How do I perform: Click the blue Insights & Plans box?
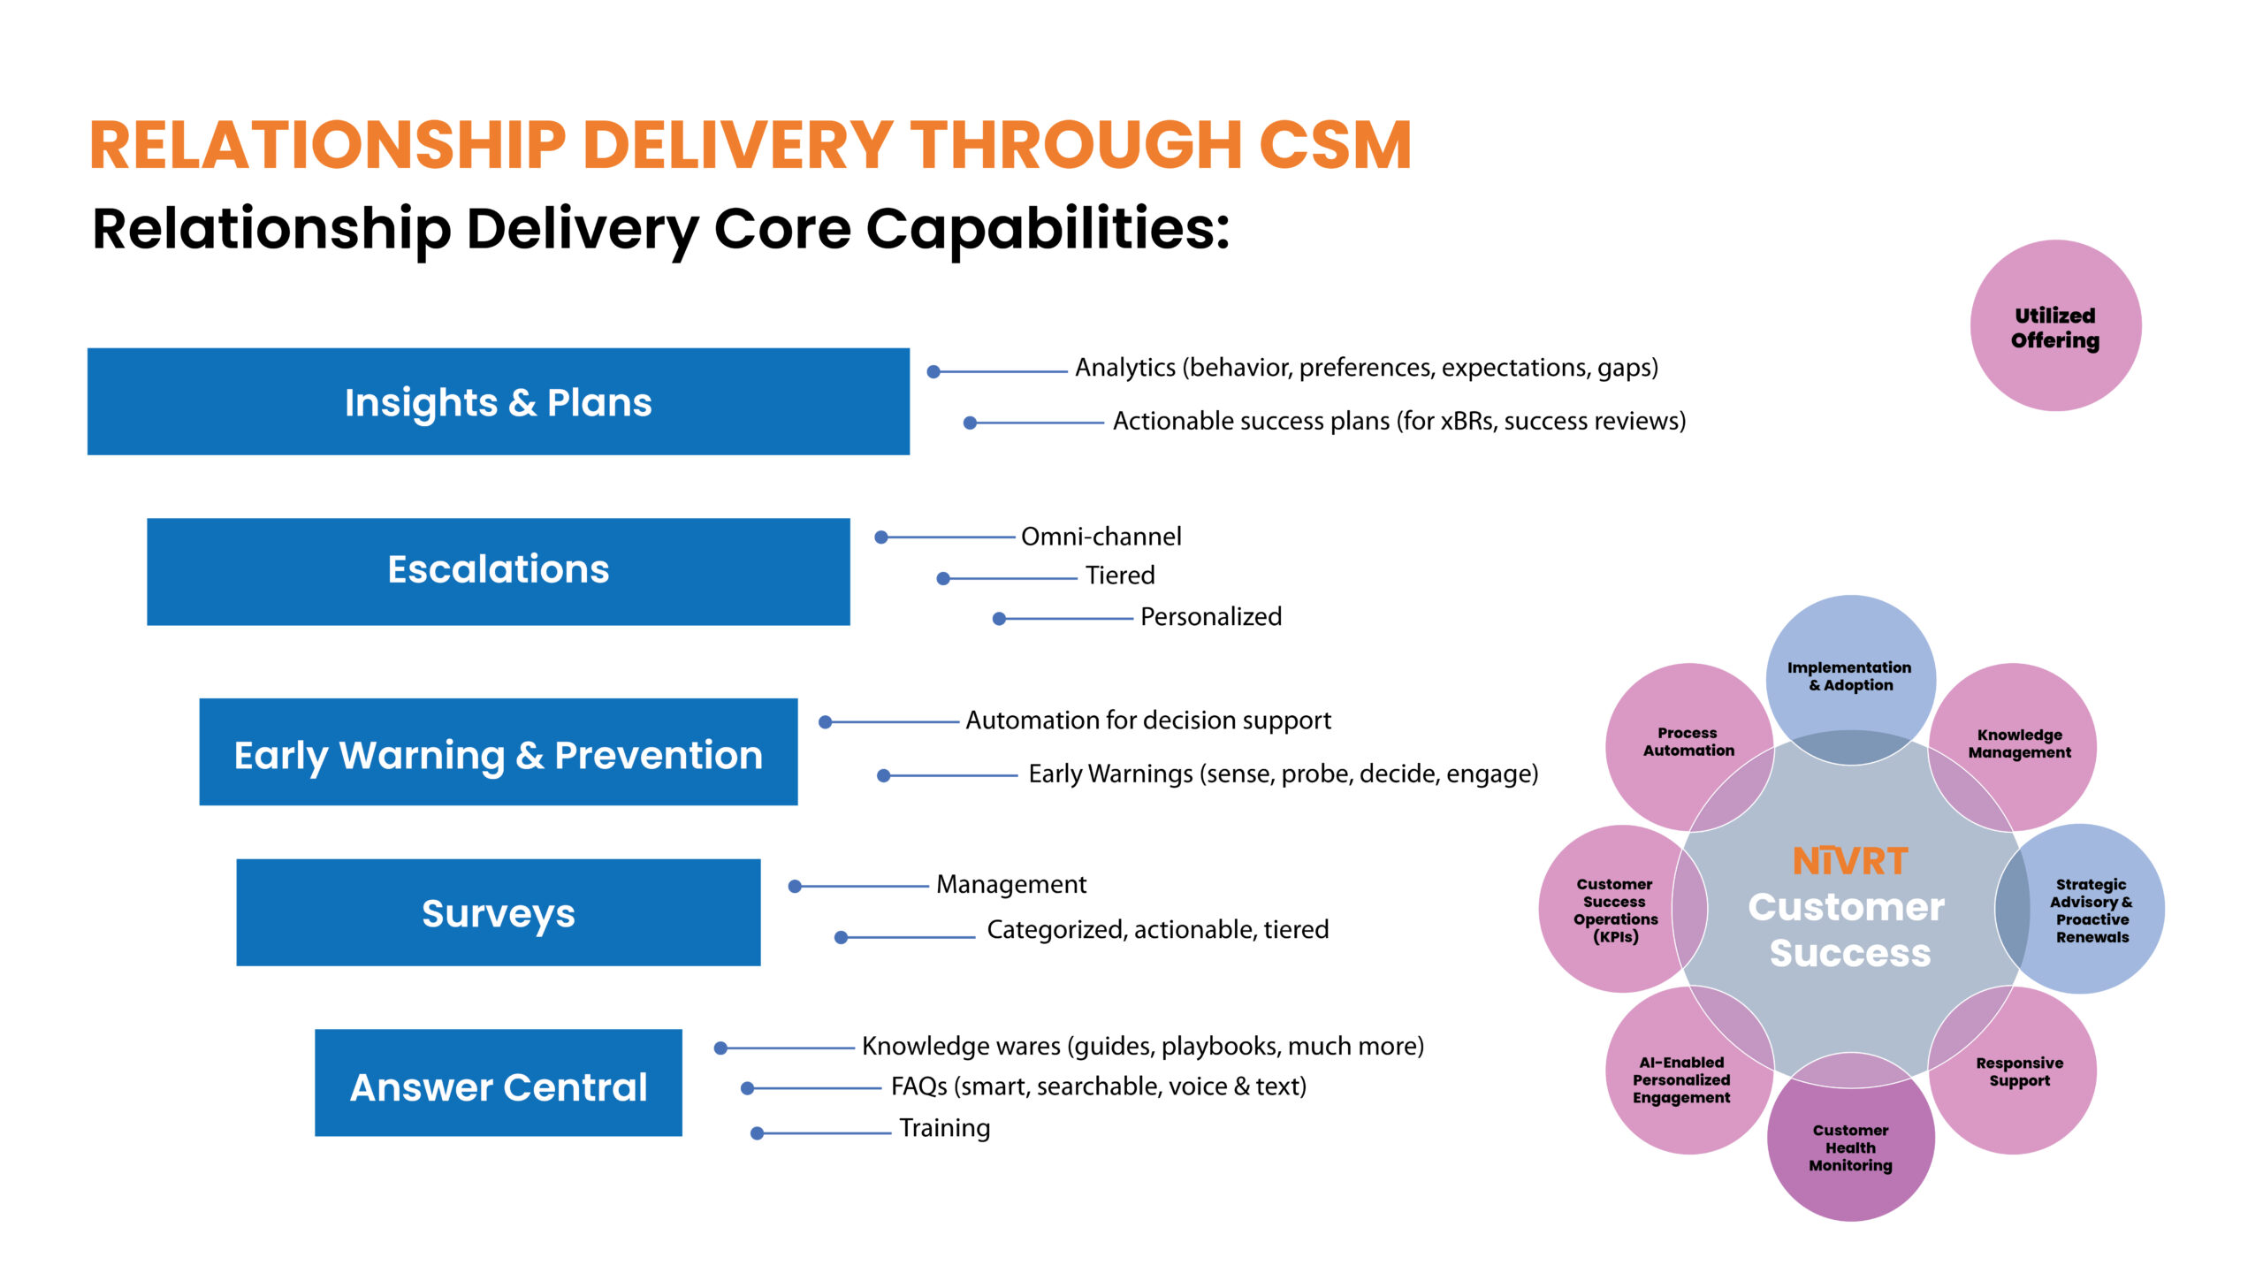[498, 401]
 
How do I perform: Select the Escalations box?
[498, 571]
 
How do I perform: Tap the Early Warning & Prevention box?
[498, 752]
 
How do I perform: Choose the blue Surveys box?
[498, 912]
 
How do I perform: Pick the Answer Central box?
[498, 1083]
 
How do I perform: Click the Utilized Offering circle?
[2055, 326]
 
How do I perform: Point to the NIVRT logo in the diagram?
[1850, 861]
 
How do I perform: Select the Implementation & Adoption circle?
[1849, 676]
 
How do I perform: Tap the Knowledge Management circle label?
[2019, 743]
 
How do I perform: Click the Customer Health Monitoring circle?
[1850, 1147]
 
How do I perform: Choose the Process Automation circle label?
[1688, 742]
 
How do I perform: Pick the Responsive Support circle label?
[2019, 1071]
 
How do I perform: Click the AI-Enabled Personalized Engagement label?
[1681, 1079]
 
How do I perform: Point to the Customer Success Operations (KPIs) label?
[1615, 911]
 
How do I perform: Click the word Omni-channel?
[1101, 537]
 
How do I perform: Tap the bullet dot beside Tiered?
[943, 579]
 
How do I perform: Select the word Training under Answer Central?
[944, 1128]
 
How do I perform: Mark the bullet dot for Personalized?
[999, 619]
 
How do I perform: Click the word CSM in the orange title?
[1334, 146]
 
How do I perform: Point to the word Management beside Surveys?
[1010, 884]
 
